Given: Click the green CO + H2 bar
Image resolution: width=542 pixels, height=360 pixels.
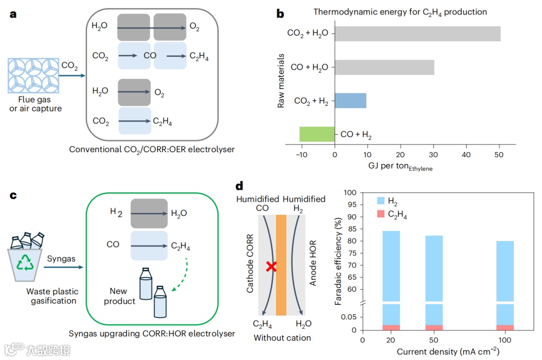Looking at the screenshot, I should tap(317, 134).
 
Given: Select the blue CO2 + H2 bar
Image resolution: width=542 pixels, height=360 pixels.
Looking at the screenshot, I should tap(350, 100).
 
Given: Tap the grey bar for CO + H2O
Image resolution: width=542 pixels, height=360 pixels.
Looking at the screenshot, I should tap(384, 67).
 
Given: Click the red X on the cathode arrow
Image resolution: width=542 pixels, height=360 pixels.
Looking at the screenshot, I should tap(271, 267).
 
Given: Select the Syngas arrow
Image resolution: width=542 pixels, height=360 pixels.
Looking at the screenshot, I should tap(63, 267).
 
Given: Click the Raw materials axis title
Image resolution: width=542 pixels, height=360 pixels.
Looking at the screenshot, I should tap(282, 80).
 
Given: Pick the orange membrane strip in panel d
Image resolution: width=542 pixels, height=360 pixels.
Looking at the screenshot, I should tap(281, 265).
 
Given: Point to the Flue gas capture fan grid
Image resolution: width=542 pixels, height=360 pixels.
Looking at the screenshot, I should tap(33, 75).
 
